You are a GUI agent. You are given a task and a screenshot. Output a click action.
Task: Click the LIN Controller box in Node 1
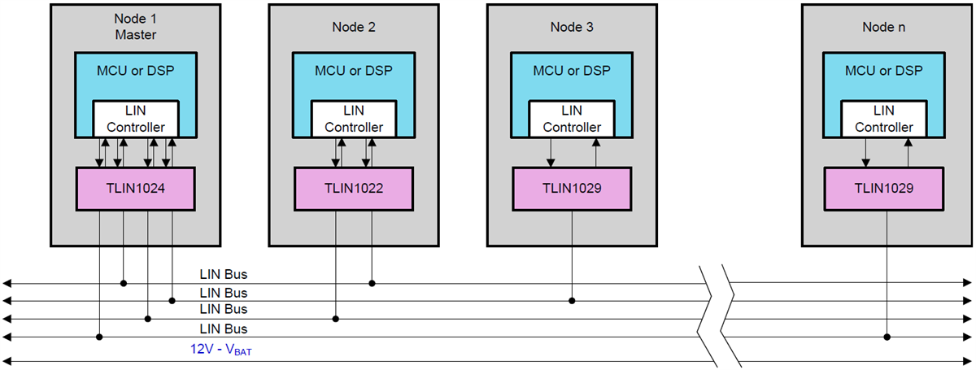(136, 119)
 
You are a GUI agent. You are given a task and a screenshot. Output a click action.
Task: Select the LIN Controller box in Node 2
(354, 119)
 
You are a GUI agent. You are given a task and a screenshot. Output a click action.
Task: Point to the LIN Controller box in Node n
(884, 119)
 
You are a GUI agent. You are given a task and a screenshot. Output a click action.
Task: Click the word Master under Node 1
(136, 35)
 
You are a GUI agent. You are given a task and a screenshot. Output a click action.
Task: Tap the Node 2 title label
(354, 27)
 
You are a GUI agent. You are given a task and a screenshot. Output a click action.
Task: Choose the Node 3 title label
(572, 27)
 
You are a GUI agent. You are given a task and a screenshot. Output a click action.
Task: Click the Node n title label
(884, 27)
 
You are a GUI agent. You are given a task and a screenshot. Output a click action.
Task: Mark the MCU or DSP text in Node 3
(572, 71)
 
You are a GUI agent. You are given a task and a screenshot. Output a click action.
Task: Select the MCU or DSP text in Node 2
(354, 71)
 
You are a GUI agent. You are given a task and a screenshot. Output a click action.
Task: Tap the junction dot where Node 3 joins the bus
(572, 301)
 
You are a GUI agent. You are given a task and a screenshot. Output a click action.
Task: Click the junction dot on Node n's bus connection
(887, 336)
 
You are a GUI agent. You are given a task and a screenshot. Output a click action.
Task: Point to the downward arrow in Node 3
(551, 151)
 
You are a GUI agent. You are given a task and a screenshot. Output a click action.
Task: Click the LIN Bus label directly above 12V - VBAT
(223, 329)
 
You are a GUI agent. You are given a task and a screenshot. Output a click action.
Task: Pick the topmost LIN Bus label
(223, 276)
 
